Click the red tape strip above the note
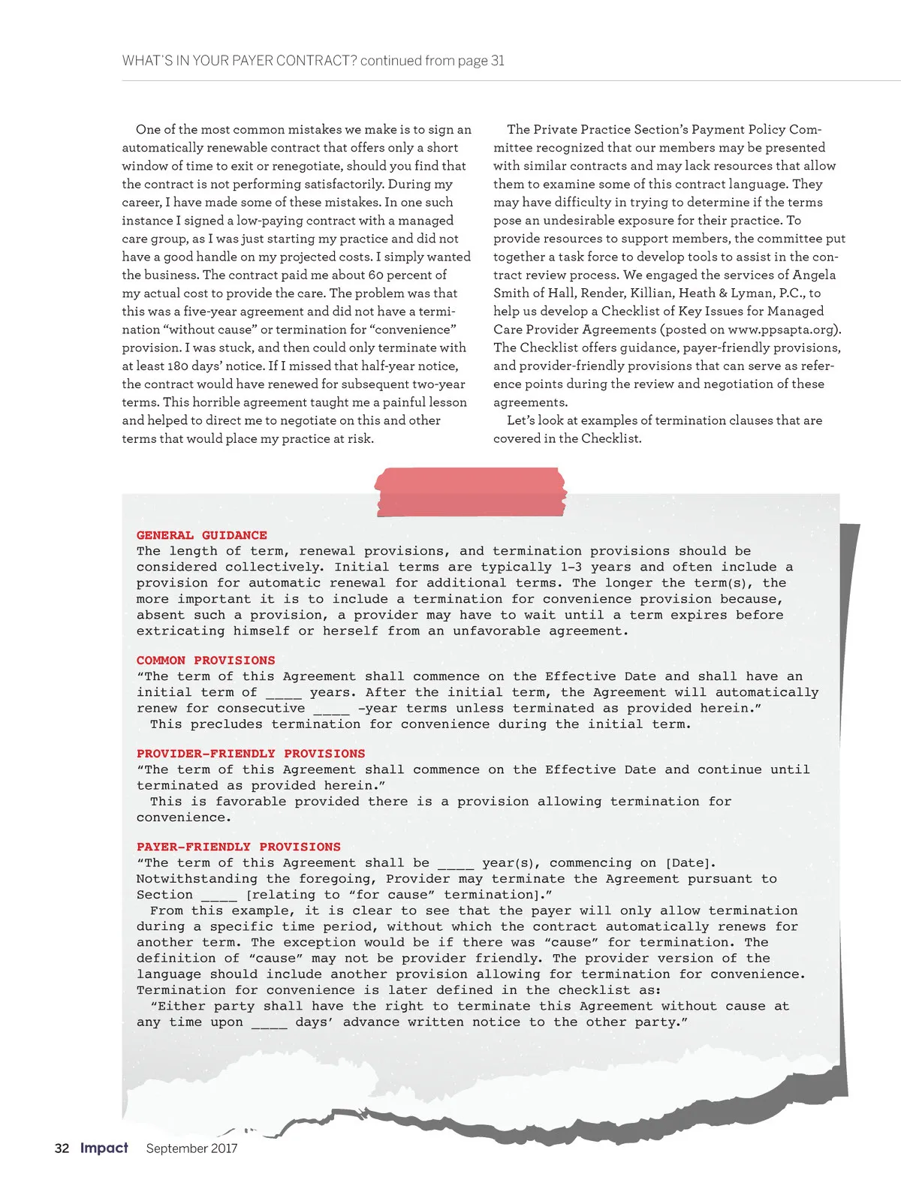(x=470, y=491)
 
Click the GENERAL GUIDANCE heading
(x=201, y=535)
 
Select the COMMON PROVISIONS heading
(x=206, y=661)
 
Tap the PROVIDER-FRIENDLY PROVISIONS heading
(x=251, y=754)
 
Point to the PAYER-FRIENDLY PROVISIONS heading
(x=238, y=847)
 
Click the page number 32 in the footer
(x=62, y=1148)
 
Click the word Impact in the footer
(x=104, y=1148)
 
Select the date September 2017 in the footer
(x=191, y=1148)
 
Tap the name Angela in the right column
(x=814, y=275)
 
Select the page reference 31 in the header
(x=498, y=61)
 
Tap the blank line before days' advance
(x=269, y=1022)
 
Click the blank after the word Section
(x=218, y=895)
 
